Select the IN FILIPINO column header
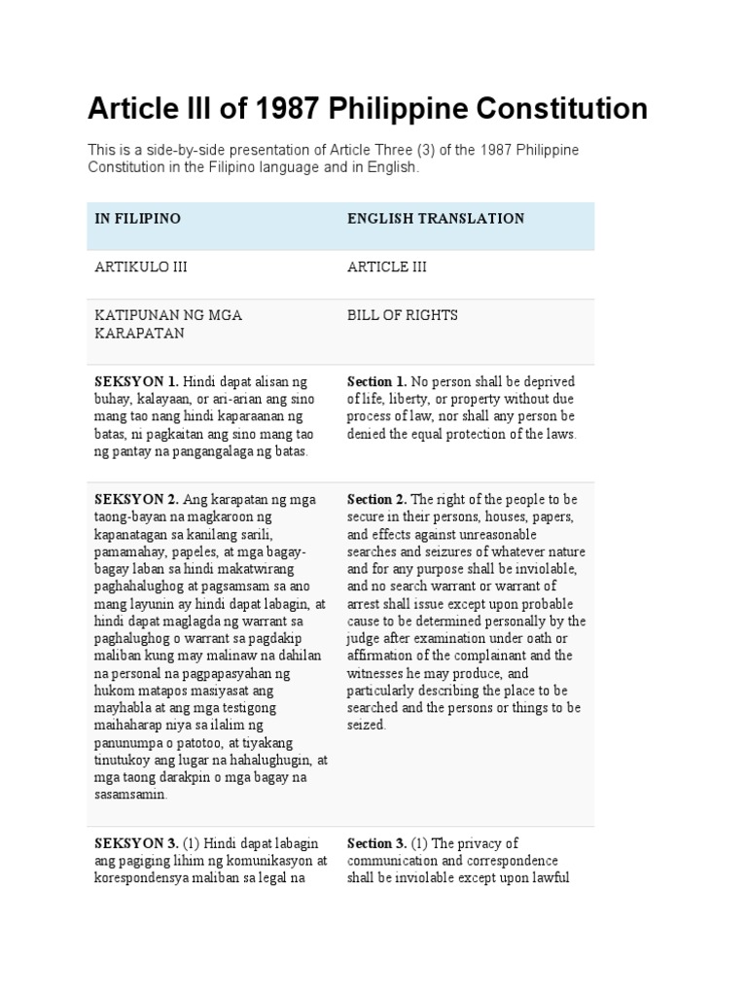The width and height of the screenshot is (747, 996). coord(137,219)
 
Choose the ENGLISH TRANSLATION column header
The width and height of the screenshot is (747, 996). coord(436,219)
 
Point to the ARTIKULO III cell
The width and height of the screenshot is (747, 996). coord(140,267)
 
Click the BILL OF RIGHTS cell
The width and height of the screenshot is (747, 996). coord(403,315)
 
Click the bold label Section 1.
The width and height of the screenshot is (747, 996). coord(377,380)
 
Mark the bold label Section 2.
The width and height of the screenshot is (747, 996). coord(377,499)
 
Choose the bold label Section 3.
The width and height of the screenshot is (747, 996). coord(377,843)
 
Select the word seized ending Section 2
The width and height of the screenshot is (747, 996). coord(366,726)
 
